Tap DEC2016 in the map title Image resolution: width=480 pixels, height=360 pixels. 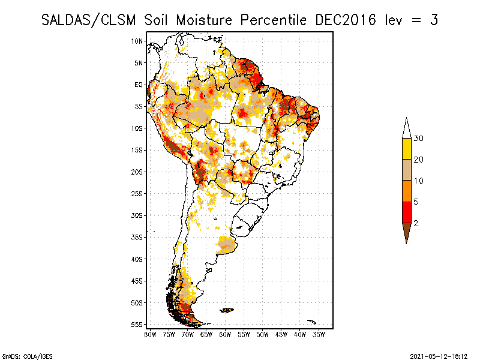(x=346, y=20)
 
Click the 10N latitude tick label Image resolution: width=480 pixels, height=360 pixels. (x=137, y=41)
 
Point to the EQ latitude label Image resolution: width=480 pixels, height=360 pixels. (x=139, y=85)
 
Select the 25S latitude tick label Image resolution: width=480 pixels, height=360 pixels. (x=137, y=193)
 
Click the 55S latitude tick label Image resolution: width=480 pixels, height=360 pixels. (x=137, y=324)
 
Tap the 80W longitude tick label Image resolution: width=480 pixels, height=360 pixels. (x=150, y=334)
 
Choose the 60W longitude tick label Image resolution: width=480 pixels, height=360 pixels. (x=225, y=334)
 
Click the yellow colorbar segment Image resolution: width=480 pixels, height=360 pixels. (x=407, y=149)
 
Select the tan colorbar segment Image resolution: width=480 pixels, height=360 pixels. (x=407, y=170)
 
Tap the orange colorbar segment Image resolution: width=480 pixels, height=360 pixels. (x=407, y=191)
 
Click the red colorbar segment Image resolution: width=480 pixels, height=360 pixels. (x=407, y=212)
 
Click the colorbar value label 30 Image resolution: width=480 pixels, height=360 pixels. (x=418, y=139)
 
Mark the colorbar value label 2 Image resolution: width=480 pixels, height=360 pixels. (x=416, y=223)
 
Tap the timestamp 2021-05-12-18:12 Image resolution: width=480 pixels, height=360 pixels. (x=439, y=355)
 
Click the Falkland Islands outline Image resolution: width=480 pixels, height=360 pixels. (x=226, y=310)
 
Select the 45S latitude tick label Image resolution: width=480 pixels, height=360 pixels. (x=137, y=280)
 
